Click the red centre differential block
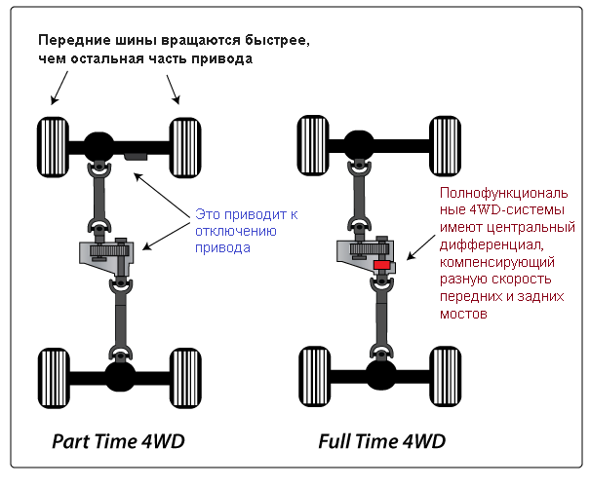pos(381,265)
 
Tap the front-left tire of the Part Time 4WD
pos(53,147)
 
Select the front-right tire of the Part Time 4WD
pos(185,148)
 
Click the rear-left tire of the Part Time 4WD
pos(54,378)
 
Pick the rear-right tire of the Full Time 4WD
pos(446,377)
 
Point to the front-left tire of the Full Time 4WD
pos(313,145)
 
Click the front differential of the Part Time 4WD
pos(98,146)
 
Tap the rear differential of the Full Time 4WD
pos(380,375)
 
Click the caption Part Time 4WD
pos(118,441)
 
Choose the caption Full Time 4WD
pos(382,441)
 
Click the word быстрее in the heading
pos(277,41)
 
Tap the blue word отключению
pos(236,231)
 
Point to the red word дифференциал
pos(492,245)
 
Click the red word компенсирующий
pos(497,262)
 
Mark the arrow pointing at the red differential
pos(421,247)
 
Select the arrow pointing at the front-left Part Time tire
pos(59,88)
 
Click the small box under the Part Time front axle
pos(136,156)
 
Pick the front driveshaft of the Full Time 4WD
pos(359,198)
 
